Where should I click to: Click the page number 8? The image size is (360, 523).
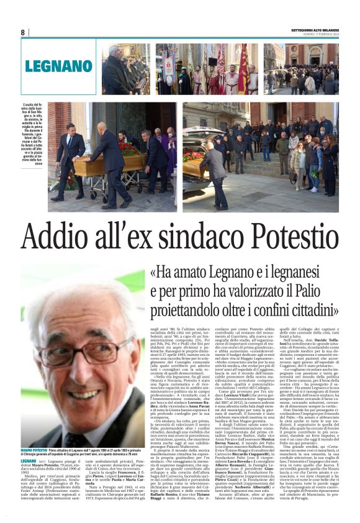[x=23, y=32]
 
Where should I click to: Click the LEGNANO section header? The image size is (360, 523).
[x=58, y=67]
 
